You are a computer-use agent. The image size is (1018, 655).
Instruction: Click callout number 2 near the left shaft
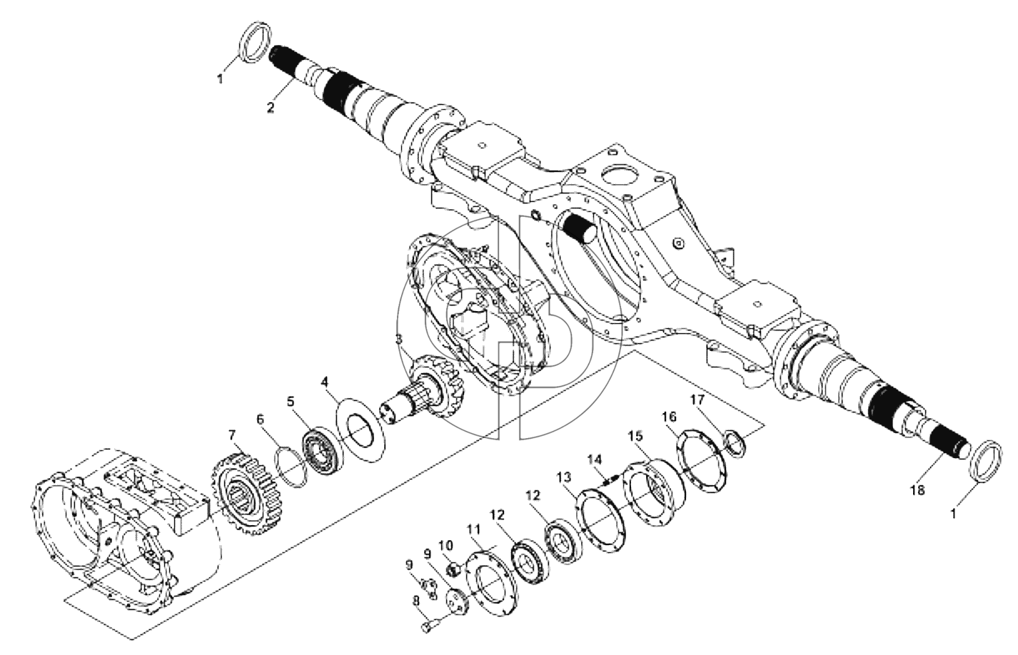(x=271, y=108)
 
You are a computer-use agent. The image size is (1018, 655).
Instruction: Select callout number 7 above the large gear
(x=232, y=436)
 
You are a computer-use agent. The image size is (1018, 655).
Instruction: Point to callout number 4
(x=324, y=382)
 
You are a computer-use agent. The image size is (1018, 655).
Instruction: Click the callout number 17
(x=697, y=400)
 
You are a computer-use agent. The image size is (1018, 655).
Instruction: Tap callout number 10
(x=446, y=544)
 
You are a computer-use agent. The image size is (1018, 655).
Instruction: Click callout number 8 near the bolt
(x=415, y=601)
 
